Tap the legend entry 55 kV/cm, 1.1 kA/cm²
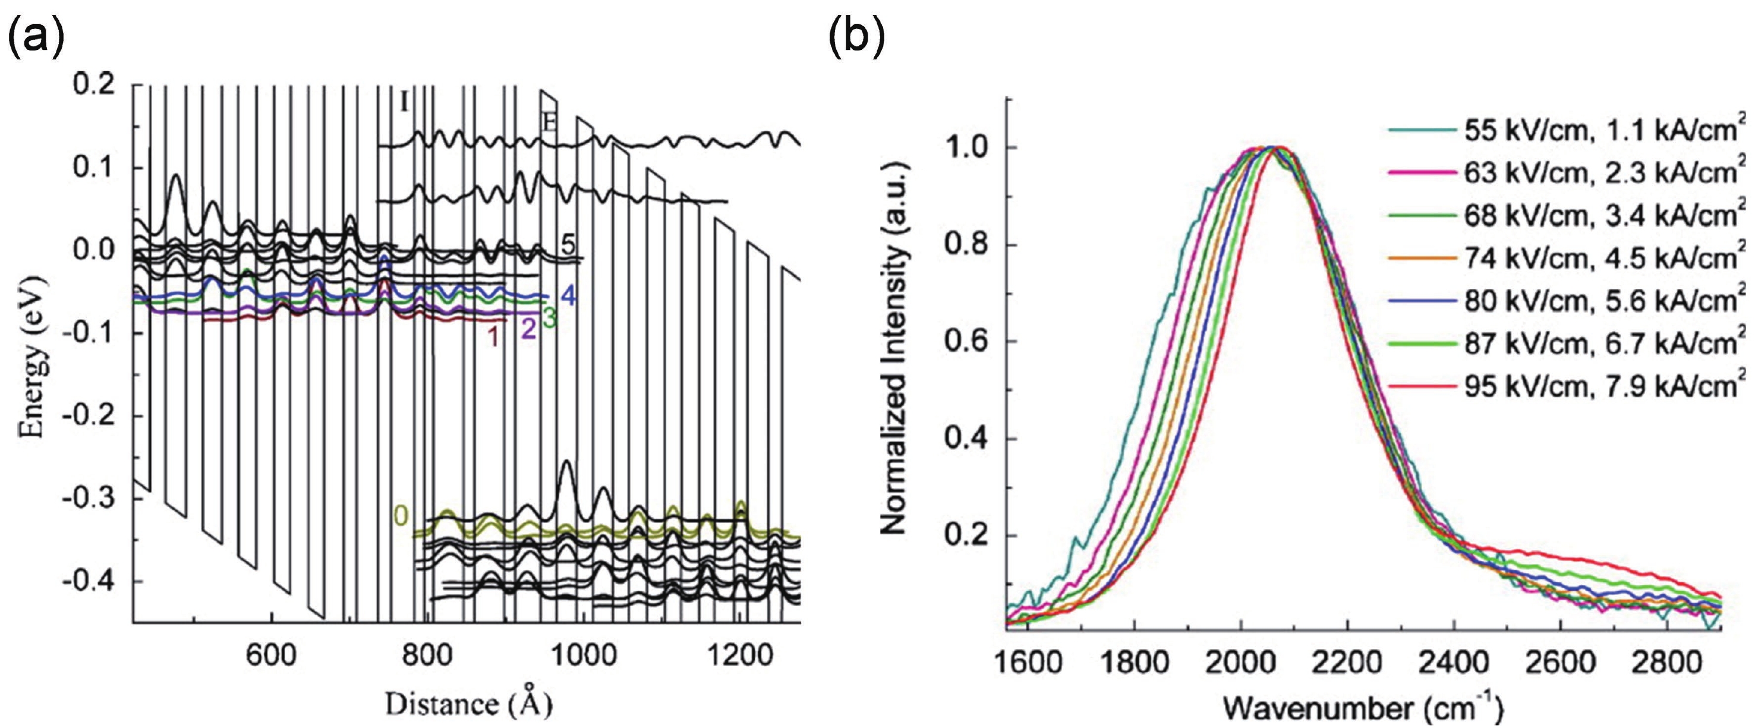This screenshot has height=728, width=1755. (1600, 130)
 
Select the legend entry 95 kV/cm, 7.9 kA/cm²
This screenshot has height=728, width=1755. (1600, 386)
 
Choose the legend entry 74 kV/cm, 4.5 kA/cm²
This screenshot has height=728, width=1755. (1600, 258)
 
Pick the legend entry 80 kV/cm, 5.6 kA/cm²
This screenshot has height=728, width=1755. (1600, 301)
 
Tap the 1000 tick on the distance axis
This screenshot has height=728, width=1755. (581, 657)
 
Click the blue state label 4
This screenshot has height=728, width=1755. (569, 297)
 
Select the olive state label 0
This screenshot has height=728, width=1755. (401, 516)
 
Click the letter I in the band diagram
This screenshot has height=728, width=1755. (404, 104)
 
